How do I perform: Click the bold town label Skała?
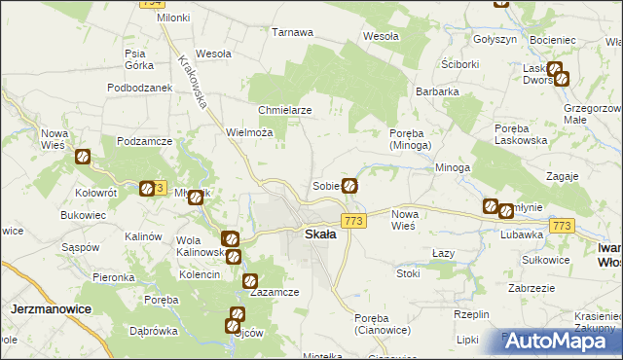pyautogui.click(x=320, y=234)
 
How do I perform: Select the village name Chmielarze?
pyautogui.click(x=284, y=110)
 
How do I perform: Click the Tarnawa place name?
pyautogui.click(x=292, y=32)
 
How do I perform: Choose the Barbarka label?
pyautogui.click(x=437, y=91)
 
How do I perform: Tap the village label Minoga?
pyautogui.click(x=453, y=167)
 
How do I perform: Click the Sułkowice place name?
pyautogui.click(x=545, y=260)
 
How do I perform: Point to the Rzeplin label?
pyautogui.click(x=470, y=314)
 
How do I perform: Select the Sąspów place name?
pyautogui.click(x=75, y=247)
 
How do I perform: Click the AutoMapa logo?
pyautogui.click(x=557, y=341)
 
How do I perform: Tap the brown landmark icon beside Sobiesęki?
pyautogui.click(x=349, y=185)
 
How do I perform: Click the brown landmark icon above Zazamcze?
pyautogui.click(x=235, y=257)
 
